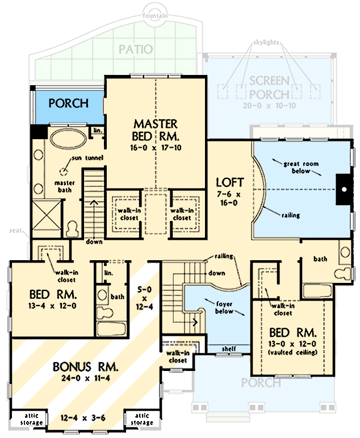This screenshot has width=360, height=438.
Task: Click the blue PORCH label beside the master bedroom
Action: click(x=68, y=103)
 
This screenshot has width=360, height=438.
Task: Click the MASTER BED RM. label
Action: click(x=156, y=130)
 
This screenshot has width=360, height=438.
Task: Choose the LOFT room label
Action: click(x=230, y=182)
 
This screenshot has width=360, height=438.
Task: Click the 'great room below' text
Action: click(x=302, y=168)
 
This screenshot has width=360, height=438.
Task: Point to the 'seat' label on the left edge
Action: click(x=15, y=231)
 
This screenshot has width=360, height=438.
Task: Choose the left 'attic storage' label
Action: click(x=28, y=419)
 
